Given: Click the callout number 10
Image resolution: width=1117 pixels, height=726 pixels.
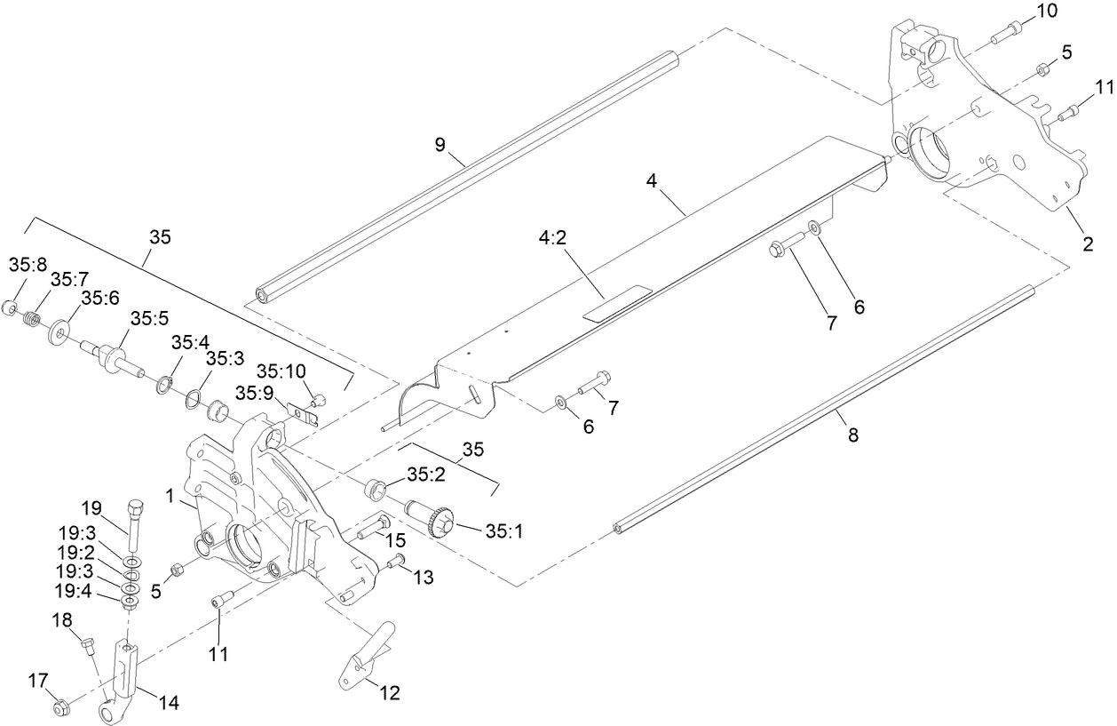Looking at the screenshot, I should click(x=1047, y=12).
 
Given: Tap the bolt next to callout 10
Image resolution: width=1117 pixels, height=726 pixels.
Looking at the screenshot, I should click(x=1002, y=33).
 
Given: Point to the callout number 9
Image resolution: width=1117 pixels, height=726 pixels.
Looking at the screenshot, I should click(x=440, y=143).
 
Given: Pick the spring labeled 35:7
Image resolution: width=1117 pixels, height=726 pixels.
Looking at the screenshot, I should click(x=33, y=318).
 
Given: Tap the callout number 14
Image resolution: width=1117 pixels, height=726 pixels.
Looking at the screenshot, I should click(x=168, y=703).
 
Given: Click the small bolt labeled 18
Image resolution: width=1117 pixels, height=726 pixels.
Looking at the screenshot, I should click(x=88, y=645).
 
